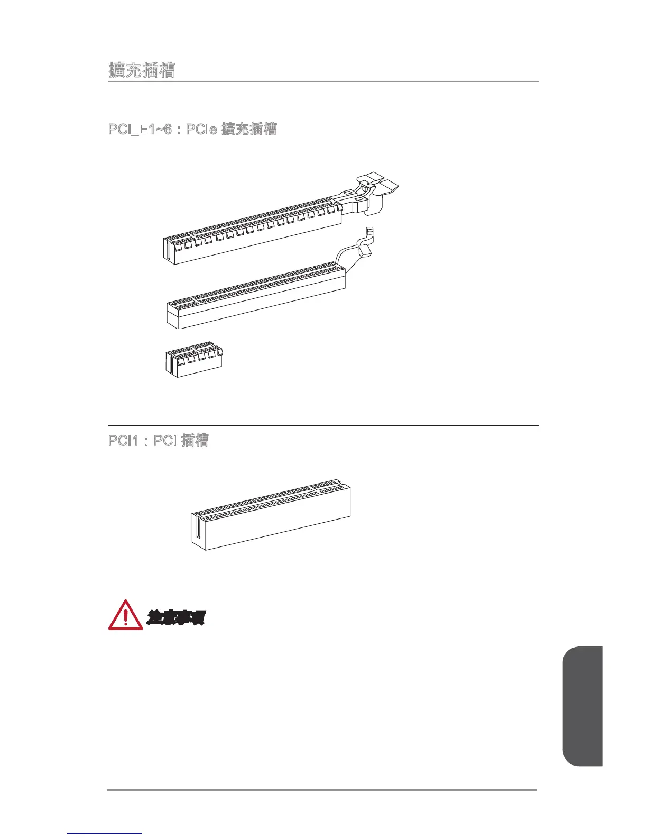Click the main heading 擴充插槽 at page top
142,70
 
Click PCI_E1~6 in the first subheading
140,129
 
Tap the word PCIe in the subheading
202,129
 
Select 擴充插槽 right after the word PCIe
249,129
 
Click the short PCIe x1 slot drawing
193,360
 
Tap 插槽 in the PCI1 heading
195,440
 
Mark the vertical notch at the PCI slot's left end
198,532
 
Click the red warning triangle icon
125,616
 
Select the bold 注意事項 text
175,617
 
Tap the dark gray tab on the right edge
583,706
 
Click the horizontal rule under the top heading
323,81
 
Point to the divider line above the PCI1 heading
323,425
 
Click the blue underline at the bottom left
105,834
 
